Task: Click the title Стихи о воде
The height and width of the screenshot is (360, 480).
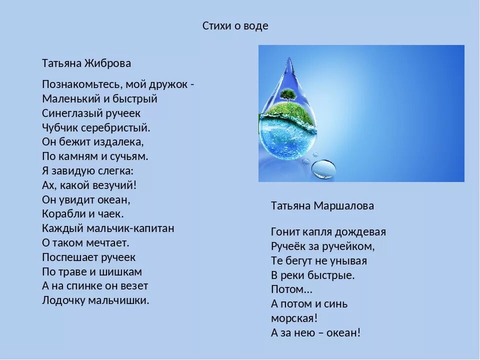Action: tap(235, 26)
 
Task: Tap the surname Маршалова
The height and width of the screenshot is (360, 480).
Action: tap(344, 206)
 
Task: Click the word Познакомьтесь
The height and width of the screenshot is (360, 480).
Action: tap(82, 84)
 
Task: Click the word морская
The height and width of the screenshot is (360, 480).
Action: tap(294, 318)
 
